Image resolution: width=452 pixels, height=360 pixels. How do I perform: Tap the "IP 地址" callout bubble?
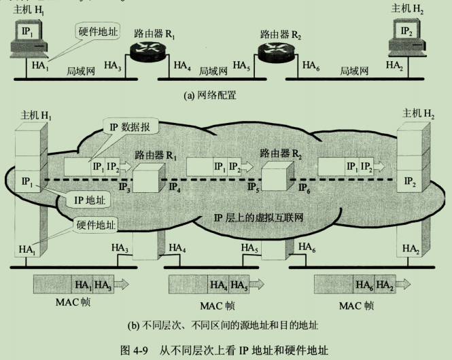pyautogui.click(x=88, y=200)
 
